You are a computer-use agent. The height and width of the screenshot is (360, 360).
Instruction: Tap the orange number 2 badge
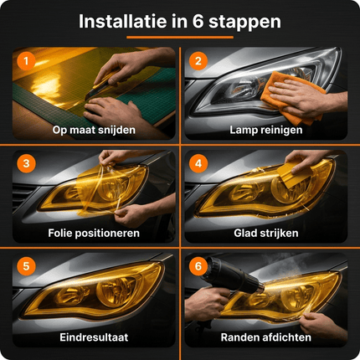coord(199,60)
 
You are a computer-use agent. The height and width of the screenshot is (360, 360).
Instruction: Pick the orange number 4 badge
coord(199,162)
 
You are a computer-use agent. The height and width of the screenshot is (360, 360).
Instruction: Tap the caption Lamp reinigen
coord(267,130)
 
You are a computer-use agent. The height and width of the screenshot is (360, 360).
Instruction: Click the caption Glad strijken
coord(267,233)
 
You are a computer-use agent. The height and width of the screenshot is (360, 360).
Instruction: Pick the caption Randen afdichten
coord(267,337)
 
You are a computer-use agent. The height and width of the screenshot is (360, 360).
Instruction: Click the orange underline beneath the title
coord(179,38)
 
